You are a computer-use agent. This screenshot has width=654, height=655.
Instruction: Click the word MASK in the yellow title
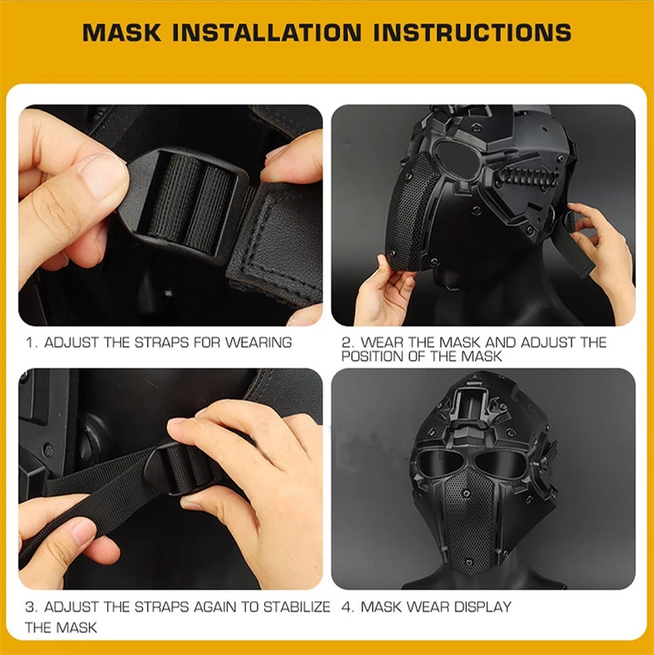point(122,32)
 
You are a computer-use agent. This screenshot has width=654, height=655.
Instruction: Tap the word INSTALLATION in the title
point(267,32)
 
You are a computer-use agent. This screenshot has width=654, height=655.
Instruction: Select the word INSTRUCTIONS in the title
point(473,32)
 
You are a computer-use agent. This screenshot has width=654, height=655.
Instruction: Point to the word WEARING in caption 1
point(258,343)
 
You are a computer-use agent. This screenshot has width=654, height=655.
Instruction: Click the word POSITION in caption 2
point(372,357)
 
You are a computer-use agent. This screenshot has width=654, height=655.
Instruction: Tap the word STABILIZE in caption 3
point(297,607)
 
